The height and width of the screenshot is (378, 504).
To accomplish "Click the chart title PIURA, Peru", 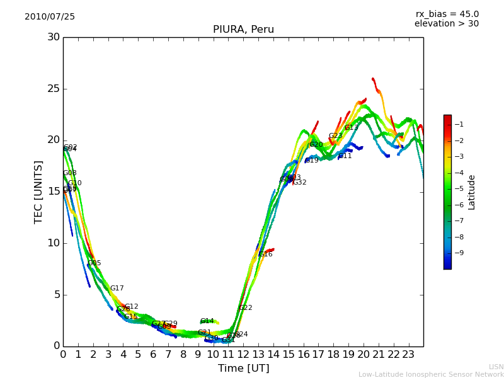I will point(243,30).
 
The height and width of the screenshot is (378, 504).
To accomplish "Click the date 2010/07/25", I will point(50,16).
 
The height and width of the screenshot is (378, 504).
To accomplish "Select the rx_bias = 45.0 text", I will point(447,14).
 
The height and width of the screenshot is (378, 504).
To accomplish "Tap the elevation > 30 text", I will point(446,24).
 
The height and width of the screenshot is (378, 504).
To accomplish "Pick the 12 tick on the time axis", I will point(243,355).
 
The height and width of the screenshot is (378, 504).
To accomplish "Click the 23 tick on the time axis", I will point(408,355).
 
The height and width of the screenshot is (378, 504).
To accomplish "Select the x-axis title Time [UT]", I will point(243,368).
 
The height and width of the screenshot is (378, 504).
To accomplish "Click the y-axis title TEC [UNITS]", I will point(38,192).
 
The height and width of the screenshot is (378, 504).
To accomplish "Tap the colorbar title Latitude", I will point(472,192).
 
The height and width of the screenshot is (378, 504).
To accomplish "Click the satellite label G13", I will point(351,128).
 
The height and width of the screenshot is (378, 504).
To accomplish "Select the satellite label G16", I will point(265,255).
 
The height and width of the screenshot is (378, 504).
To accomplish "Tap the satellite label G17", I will point(117,289).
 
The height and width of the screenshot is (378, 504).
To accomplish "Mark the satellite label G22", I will point(245,308).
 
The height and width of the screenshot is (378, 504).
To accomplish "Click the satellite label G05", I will point(94,263).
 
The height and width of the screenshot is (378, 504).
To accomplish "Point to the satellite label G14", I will point(207,321).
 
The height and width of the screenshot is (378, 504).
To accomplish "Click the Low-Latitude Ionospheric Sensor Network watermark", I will point(431,374).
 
